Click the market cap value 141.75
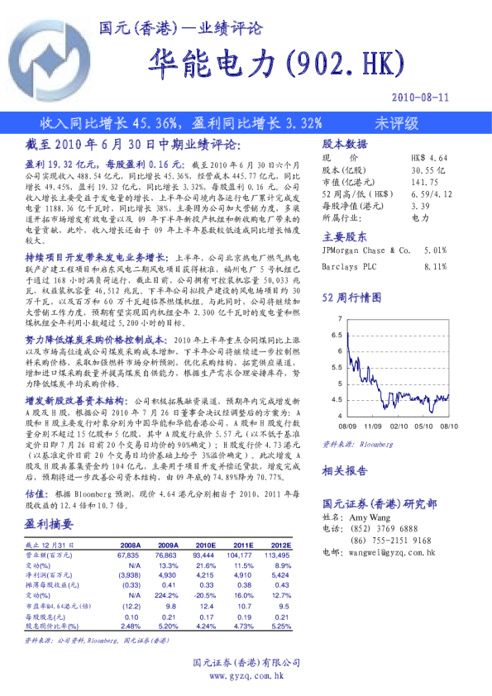point(423,181)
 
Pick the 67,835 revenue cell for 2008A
point(129,556)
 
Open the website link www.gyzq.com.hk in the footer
point(246,676)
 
